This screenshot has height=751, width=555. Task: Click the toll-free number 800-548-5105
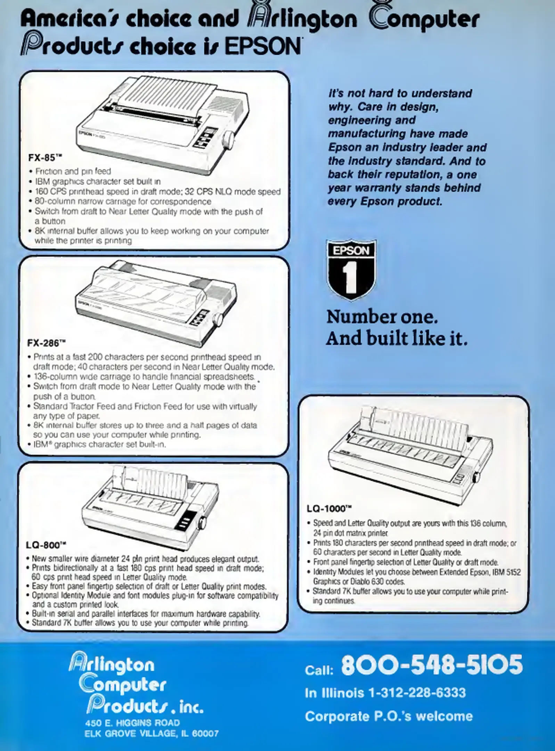432,665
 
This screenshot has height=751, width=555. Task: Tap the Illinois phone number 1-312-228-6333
417,693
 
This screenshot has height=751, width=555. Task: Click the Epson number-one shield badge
351,269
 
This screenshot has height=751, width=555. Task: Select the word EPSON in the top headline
262,46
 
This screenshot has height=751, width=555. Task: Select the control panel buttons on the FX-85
206,137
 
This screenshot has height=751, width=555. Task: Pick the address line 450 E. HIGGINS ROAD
132,723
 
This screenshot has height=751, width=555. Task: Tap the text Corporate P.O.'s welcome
389,716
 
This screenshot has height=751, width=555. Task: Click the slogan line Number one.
382,317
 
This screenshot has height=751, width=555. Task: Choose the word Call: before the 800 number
319,670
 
